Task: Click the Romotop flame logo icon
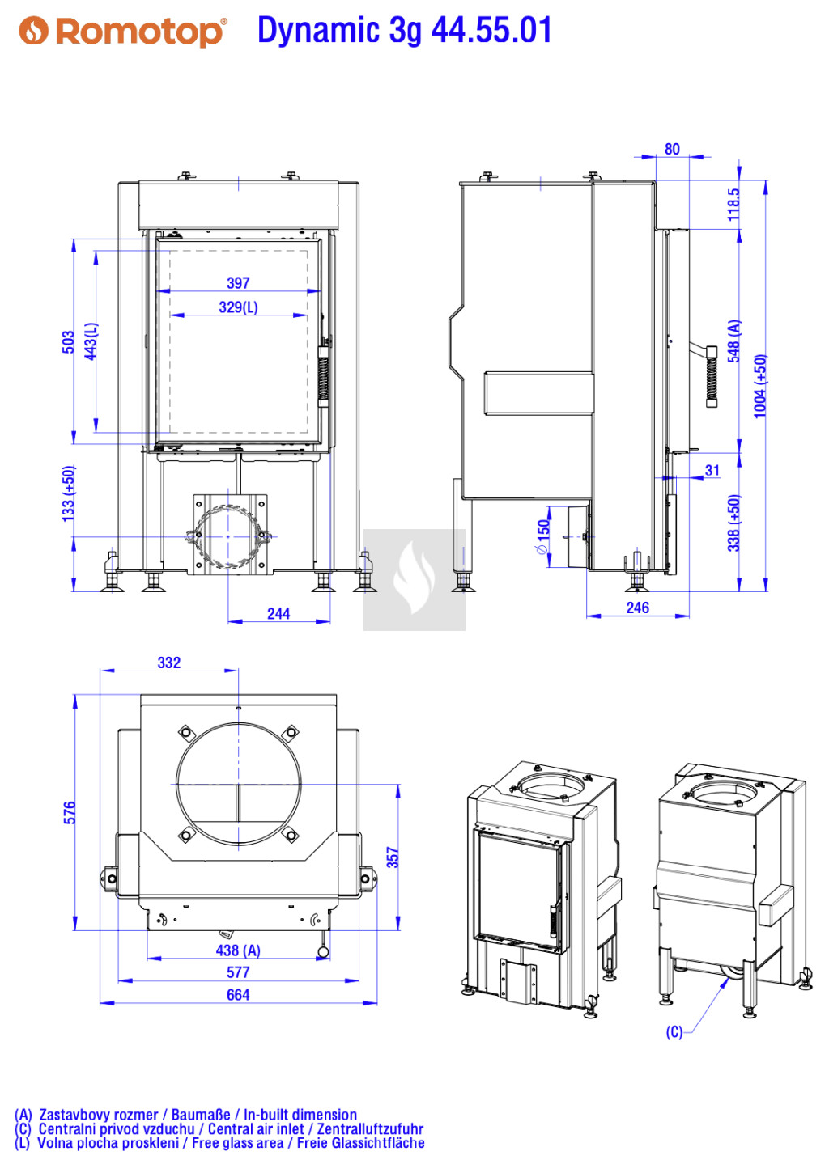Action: pyautogui.click(x=34, y=31)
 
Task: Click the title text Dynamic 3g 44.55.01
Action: pyautogui.click(x=404, y=30)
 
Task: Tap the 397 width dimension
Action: pyautogui.click(x=238, y=283)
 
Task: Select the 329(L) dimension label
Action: pyautogui.click(x=238, y=307)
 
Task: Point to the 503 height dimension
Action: pyautogui.click(x=68, y=342)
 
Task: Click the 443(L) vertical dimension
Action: pyautogui.click(x=91, y=341)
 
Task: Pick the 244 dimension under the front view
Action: pyautogui.click(x=278, y=614)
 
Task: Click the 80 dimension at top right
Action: pyautogui.click(x=672, y=149)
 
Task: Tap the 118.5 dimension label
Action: pyautogui.click(x=733, y=205)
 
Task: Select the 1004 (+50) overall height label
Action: pyautogui.click(x=759, y=387)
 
